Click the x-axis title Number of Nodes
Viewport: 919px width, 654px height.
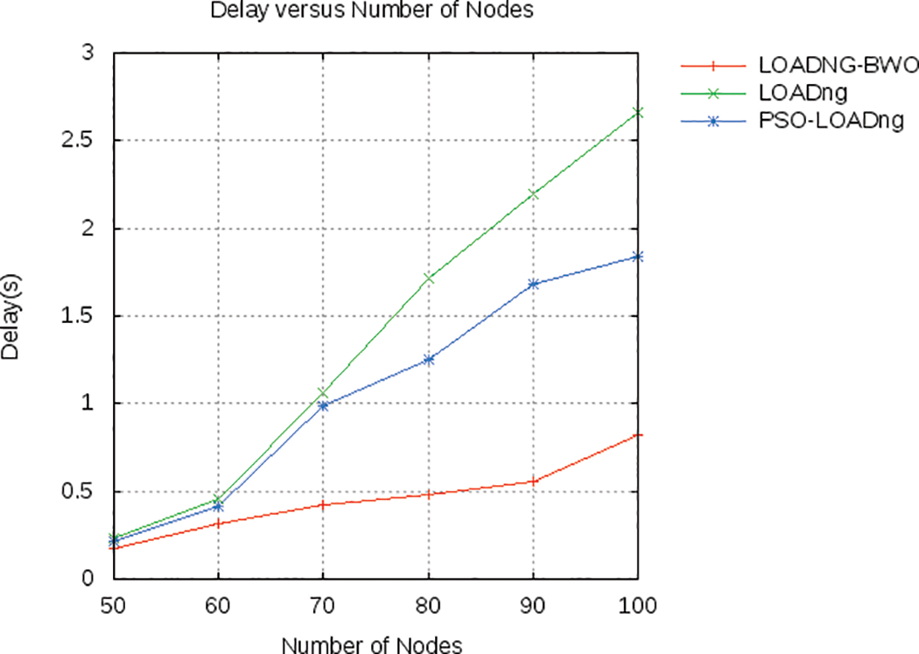click(371, 643)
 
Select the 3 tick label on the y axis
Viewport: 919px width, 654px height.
click(90, 53)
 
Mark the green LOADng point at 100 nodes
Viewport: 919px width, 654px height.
click(638, 112)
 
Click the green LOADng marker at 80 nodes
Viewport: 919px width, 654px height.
click(428, 278)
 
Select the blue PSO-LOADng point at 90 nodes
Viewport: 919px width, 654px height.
click(533, 284)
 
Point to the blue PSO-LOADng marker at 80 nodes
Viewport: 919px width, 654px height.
click(428, 359)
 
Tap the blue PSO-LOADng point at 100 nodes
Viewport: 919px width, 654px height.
click(638, 256)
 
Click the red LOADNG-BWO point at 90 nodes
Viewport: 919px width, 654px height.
click(533, 482)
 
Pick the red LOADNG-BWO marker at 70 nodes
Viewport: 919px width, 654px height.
click(323, 505)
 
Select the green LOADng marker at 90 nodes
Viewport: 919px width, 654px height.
click(533, 193)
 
